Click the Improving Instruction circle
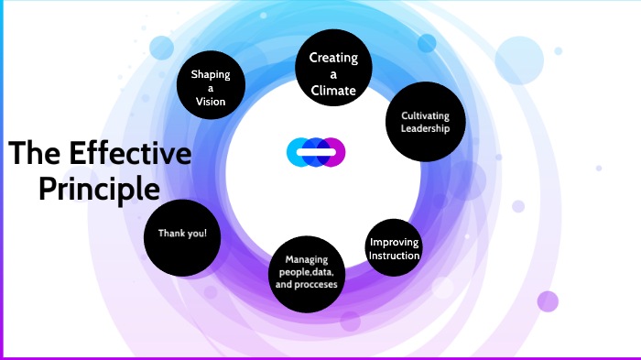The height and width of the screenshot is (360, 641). point(394,249)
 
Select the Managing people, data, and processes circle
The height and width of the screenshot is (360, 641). point(306,272)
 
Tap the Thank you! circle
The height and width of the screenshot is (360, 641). point(182,236)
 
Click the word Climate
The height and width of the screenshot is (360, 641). point(332,90)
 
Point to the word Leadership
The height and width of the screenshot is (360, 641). point(426,128)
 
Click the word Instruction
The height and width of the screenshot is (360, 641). point(394,256)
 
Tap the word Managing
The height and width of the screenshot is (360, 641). point(306,259)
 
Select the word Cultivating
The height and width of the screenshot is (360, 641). point(426,115)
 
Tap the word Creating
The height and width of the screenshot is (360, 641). point(332,58)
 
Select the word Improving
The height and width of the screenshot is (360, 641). point(394,242)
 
